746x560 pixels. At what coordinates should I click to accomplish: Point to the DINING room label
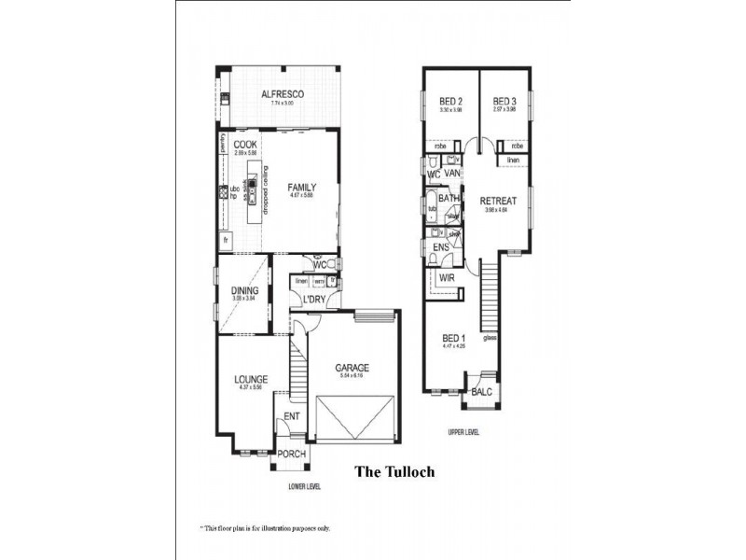click(x=245, y=290)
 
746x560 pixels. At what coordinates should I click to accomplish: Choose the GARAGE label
click(x=352, y=368)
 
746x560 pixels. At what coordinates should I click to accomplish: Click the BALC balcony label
click(x=481, y=393)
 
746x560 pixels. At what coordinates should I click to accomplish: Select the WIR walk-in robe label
click(x=447, y=277)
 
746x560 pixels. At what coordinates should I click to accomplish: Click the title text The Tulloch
click(x=395, y=471)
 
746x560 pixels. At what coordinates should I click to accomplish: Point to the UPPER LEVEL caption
click(x=463, y=432)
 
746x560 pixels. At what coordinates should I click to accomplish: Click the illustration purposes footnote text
click(x=265, y=527)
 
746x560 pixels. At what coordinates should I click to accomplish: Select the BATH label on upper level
click(x=449, y=198)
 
